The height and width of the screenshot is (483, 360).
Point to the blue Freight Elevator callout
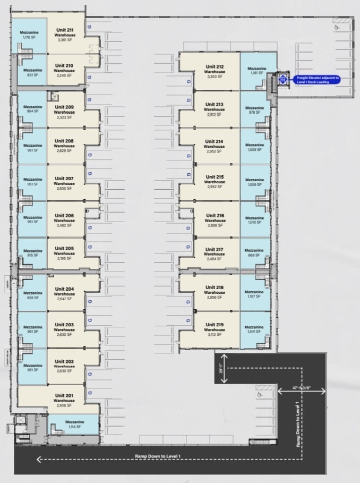coord(316,80)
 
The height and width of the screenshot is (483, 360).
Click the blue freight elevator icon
coord(284,80)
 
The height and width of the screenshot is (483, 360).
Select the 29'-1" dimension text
coord(221,368)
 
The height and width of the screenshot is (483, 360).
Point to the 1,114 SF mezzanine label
coord(75,427)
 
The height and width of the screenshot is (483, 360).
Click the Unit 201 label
coord(64,395)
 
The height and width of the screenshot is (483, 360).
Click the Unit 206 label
coord(64,215)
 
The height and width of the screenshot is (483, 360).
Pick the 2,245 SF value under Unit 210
coord(64,75)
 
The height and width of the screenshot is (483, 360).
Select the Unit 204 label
coord(64,289)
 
